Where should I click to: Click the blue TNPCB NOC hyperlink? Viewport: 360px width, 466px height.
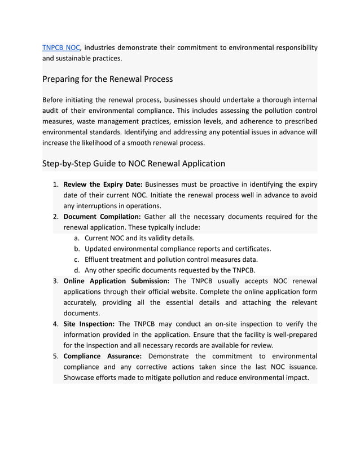61,47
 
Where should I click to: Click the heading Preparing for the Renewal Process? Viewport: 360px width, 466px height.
107,78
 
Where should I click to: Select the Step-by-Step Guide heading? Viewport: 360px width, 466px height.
133,164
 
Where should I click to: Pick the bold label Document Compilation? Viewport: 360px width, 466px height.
102,217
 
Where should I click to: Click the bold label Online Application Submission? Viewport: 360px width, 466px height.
116,281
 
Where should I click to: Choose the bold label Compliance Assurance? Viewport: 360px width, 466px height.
102,356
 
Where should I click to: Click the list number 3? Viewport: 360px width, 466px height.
56,281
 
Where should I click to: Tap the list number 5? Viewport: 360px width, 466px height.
56,356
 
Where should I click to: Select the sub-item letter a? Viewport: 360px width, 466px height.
76,238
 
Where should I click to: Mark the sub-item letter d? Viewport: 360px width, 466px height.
76,270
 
